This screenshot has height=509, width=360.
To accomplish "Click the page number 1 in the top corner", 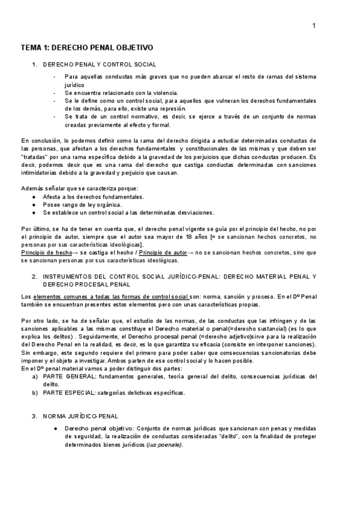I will click(314, 25).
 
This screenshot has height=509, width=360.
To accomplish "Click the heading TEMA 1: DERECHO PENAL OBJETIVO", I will click(87, 47).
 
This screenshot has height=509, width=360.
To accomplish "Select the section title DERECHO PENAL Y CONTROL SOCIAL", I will click(100, 64).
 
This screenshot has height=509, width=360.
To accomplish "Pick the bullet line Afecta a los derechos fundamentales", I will click(93, 196).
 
